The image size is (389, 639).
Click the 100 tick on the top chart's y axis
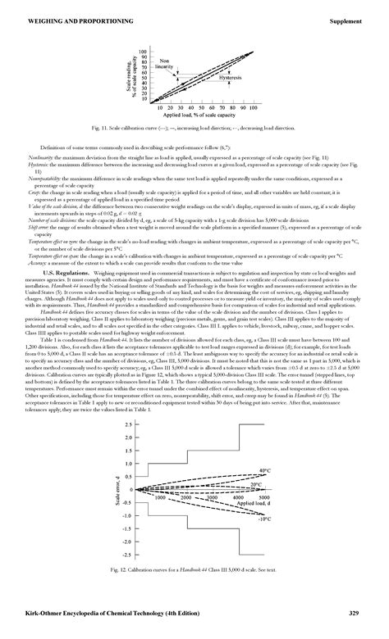coord(144,51)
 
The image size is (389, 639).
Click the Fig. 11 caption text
coord(194,129)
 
